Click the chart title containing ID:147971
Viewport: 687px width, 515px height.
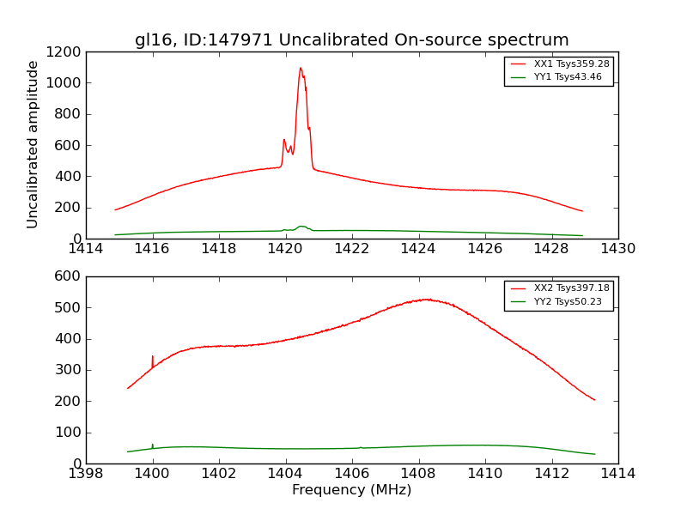point(352,40)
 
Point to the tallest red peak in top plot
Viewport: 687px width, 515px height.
point(301,69)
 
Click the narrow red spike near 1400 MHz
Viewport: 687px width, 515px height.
point(153,357)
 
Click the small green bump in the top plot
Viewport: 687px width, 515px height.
point(301,227)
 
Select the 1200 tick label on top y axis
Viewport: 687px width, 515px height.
point(65,52)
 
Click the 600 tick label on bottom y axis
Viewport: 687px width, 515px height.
point(69,276)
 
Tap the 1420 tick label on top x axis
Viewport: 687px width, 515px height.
point(285,249)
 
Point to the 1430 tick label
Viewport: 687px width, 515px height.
point(617,249)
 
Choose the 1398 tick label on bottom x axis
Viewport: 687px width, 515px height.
point(86,474)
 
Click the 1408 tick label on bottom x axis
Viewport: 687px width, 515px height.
point(418,474)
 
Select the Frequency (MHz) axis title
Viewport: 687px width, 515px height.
point(352,490)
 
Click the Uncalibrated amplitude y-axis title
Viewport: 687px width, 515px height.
point(33,144)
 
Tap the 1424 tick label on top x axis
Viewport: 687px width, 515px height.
point(418,249)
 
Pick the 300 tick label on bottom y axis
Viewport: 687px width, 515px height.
point(69,370)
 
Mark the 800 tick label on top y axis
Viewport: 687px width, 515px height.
point(69,114)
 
